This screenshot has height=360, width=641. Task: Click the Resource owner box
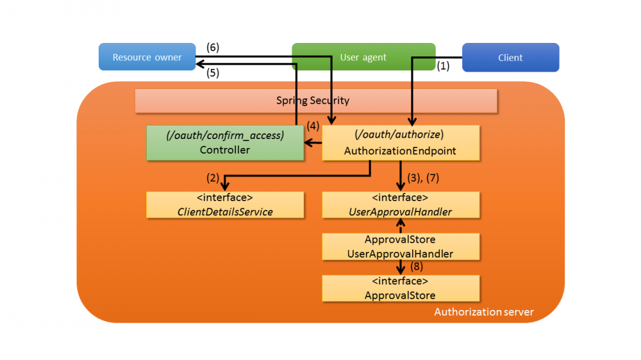[x=147, y=57]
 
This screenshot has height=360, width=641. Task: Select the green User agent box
[x=363, y=57]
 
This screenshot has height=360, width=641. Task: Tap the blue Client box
[x=510, y=58]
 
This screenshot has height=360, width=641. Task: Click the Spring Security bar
[x=316, y=101]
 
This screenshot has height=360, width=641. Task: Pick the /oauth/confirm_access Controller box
[x=225, y=142]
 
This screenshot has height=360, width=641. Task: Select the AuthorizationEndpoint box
[x=400, y=142]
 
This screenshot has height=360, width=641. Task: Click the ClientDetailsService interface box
[x=225, y=204]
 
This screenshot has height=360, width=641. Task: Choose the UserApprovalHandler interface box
[x=400, y=204]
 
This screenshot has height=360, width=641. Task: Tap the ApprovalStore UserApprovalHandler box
[x=400, y=247]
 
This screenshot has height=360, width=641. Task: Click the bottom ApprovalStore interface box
[x=400, y=288]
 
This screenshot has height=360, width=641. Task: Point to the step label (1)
[x=444, y=66]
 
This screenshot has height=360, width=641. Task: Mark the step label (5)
[x=213, y=73]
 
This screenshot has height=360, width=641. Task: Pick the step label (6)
[x=213, y=47]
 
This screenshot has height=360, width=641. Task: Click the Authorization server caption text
[x=483, y=312]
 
